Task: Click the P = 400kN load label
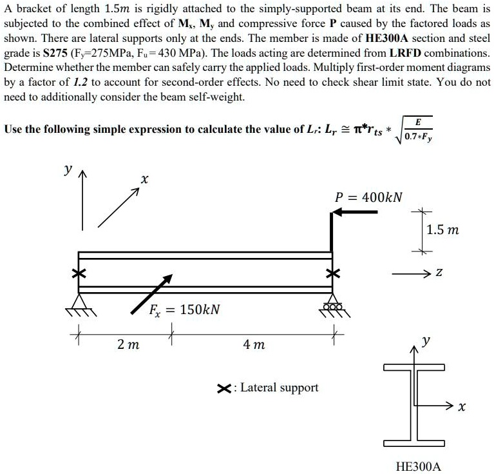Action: (368, 197)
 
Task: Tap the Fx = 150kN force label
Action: (185, 310)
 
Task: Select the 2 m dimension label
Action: (128, 346)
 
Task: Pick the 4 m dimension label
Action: (254, 346)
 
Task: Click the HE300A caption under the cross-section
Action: (418, 466)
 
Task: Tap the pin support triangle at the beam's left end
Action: (79, 301)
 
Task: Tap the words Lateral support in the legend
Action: (279, 388)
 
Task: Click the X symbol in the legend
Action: (224, 388)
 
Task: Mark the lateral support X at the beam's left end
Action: (79, 274)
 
